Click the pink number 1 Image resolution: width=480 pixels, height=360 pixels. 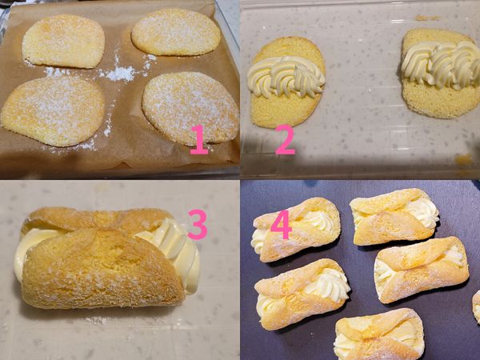coord(199,139)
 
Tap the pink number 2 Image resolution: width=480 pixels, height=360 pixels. coord(285,139)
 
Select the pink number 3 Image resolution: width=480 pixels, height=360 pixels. coord(198,224)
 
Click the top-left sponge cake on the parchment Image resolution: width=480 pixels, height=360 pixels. coord(64,41)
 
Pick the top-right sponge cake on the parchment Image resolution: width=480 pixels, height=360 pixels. coord(176,32)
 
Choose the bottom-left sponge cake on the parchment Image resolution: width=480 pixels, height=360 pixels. coord(53,111)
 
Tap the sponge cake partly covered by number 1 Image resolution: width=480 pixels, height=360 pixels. coord(190,109)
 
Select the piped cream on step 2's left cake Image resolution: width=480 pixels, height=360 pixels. coord(286,77)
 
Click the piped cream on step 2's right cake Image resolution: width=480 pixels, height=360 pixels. coord(442,64)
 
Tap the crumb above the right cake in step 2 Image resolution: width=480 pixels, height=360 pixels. coord(428,18)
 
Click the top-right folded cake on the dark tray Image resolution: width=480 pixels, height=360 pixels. coord(395,217)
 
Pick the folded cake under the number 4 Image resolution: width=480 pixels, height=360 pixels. coord(296,230)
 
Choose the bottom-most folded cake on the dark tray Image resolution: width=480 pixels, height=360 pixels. coord(379,335)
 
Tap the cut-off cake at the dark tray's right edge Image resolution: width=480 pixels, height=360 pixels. coord(476,307)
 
